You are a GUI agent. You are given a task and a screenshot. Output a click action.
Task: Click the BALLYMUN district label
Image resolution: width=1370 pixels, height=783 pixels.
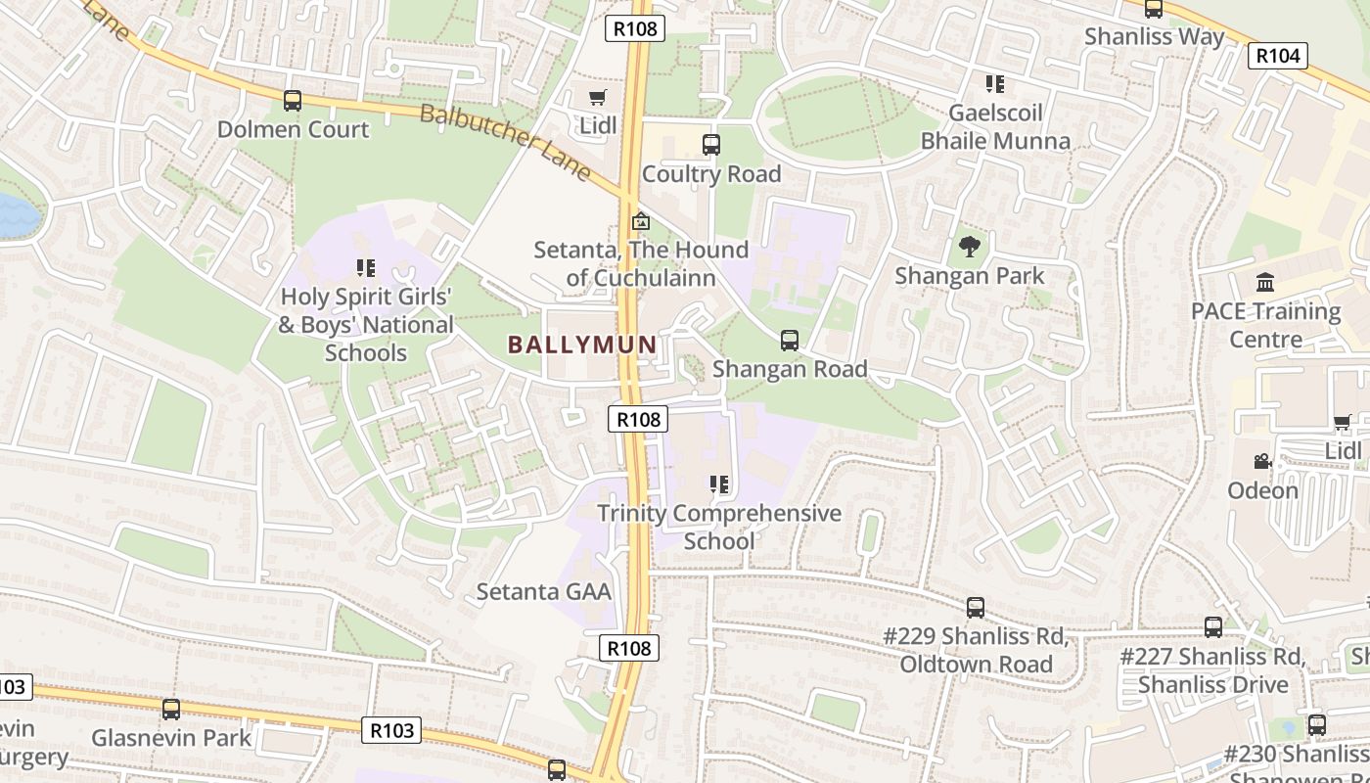(581, 345)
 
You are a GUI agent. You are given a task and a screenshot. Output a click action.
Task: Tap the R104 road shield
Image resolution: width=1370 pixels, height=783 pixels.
(1278, 56)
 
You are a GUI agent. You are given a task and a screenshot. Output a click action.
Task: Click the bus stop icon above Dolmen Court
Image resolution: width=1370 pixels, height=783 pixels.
(292, 101)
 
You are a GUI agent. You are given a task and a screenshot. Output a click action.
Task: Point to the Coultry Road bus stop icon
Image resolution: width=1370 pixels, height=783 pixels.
(711, 145)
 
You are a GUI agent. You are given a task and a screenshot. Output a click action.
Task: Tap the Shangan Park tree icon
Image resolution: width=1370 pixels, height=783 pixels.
(970, 247)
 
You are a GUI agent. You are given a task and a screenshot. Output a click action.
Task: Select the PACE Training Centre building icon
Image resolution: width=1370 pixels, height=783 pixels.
(1265, 283)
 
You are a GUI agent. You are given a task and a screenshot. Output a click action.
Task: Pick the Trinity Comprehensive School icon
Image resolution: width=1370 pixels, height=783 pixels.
(719, 484)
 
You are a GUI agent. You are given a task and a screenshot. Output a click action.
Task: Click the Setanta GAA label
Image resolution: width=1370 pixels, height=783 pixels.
(543, 591)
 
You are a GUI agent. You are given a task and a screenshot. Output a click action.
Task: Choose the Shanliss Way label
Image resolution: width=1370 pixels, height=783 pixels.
(1154, 37)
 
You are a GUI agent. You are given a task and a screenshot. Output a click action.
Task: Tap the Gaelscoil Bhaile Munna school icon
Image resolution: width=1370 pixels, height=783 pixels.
(995, 84)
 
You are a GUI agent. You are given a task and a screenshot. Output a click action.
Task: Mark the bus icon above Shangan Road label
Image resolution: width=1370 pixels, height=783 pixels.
(789, 341)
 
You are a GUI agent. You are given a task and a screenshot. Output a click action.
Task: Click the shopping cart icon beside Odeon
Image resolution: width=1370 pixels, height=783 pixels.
(1342, 423)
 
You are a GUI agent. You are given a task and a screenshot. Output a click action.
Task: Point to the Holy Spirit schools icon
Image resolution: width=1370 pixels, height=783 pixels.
(366, 268)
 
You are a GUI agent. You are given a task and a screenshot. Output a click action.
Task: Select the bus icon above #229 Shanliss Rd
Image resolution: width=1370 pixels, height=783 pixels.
(975, 608)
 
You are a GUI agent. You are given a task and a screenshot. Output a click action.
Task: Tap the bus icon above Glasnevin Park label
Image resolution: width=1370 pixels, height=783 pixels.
(171, 710)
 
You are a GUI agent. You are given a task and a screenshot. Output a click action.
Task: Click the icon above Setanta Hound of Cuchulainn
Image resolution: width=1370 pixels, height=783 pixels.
(641, 221)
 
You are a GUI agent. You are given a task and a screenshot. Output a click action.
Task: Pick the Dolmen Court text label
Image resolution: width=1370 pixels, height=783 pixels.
(293, 129)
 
